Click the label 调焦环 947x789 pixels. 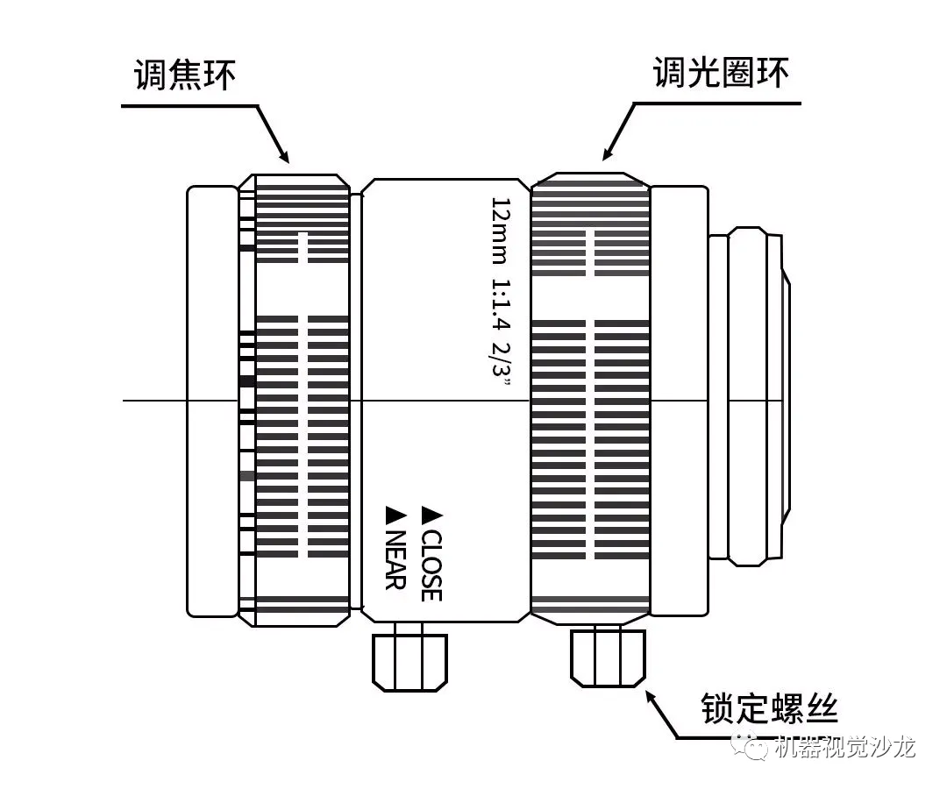point(185,75)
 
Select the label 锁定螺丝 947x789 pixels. point(770,708)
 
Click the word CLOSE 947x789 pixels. point(431,565)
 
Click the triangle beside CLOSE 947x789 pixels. point(431,513)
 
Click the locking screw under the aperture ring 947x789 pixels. point(609,657)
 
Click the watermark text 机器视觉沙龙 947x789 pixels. point(846,747)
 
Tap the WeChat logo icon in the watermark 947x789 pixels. point(752,746)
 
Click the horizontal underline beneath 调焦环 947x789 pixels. point(189,106)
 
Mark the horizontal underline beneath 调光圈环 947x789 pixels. point(717,103)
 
